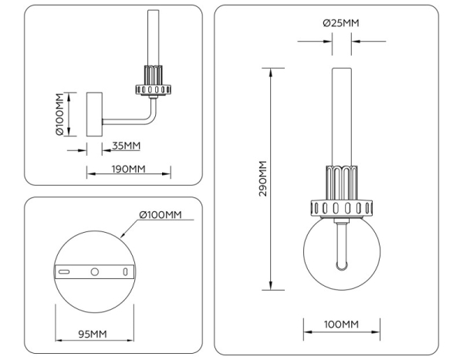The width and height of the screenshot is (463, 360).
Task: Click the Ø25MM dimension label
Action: click(x=340, y=23)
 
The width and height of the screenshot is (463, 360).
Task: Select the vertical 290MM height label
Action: click(x=262, y=179)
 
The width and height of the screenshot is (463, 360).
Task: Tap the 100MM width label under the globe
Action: click(x=340, y=324)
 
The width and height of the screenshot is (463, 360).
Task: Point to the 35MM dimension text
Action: click(x=126, y=145)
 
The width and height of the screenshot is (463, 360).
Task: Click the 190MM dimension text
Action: click(x=127, y=169)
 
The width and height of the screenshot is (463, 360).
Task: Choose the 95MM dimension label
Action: click(x=93, y=333)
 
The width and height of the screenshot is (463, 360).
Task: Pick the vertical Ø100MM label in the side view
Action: click(x=59, y=114)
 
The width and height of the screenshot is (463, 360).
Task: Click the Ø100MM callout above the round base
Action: click(x=160, y=214)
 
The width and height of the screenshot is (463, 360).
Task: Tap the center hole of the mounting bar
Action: click(x=95, y=272)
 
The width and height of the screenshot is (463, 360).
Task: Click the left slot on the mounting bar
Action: click(x=66, y=272)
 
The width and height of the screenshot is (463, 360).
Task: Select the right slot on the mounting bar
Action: click(x=124, y=272)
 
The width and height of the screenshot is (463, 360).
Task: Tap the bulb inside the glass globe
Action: click(x=340, y=247)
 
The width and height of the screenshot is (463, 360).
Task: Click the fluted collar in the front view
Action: click(x=340, y=182)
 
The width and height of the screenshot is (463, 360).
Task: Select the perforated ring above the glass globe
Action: click(x=340, y=207)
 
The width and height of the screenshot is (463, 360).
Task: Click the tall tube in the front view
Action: click(x=340, y=116)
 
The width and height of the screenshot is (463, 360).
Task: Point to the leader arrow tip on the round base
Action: click(x=123, y=234)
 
